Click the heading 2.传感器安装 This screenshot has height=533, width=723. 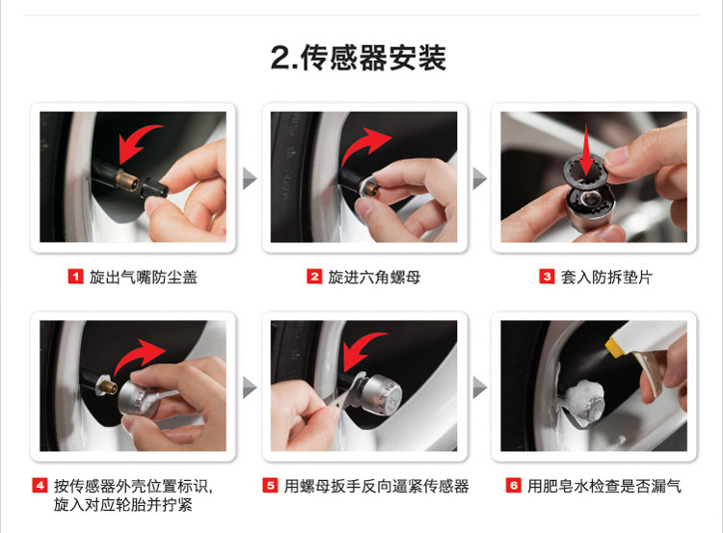(359, 58)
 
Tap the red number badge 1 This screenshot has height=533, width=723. (75, 277)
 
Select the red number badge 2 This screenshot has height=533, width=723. (314, 277)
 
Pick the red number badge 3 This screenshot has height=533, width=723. (547, 277)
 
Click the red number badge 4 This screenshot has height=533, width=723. (40, 486)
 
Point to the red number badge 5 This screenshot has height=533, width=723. (270, 486)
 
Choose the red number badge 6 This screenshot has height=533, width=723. (514, 486)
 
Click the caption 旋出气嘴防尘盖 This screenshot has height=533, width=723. (144, 278)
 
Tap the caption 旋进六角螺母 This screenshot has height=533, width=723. (374, 278)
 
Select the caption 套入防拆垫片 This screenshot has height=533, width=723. (606, 278)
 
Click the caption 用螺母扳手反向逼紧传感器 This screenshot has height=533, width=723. (376, 486)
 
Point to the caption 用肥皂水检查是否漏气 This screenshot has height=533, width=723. (604, 486)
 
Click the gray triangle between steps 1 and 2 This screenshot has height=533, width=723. (249, 179)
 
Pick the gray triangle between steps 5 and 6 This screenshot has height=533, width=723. (479, 387)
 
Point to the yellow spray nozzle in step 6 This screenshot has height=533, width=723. (614, 347)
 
